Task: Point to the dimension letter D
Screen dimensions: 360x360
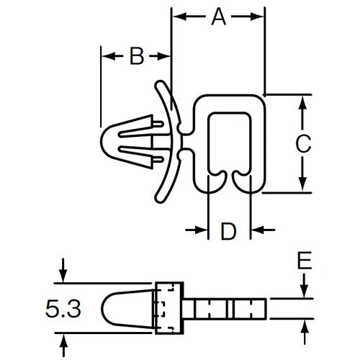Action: [x=228, y=231]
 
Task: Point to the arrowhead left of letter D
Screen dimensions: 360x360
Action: [x=201, y=230]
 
